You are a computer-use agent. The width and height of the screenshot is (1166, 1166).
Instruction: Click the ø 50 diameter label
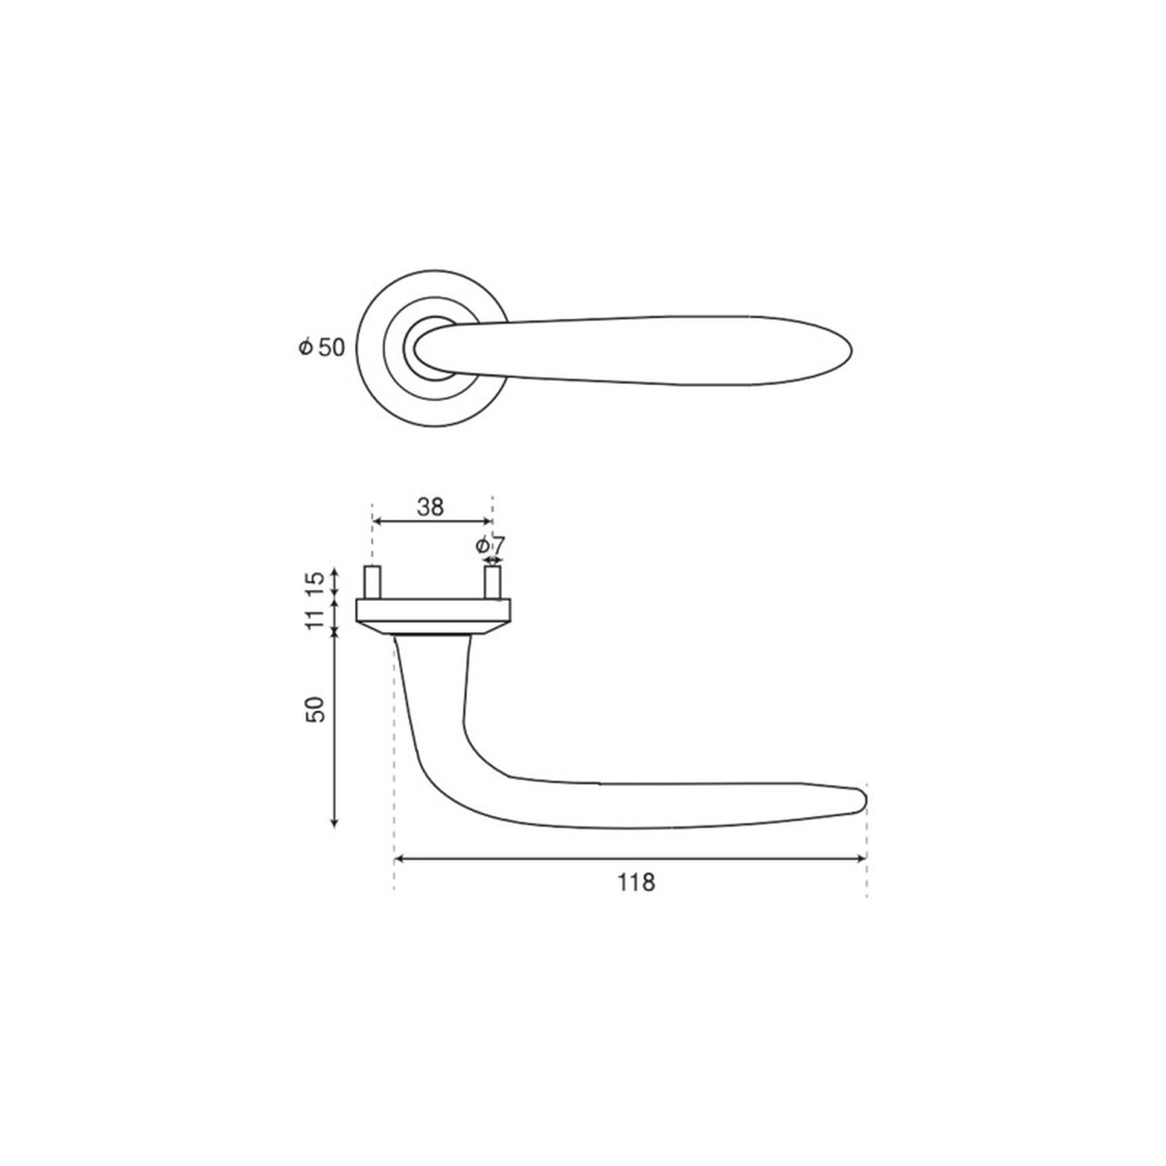click(322, 347)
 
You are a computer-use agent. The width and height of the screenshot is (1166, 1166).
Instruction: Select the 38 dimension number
click(430, 507)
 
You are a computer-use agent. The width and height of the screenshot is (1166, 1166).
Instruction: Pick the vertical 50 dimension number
click(315, 709)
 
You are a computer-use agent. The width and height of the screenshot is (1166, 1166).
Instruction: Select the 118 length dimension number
click(635, 883)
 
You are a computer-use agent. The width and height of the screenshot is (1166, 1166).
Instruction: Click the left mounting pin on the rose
click(372, 582)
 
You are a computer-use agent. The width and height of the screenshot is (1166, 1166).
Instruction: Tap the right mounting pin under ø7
click(492, 582)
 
